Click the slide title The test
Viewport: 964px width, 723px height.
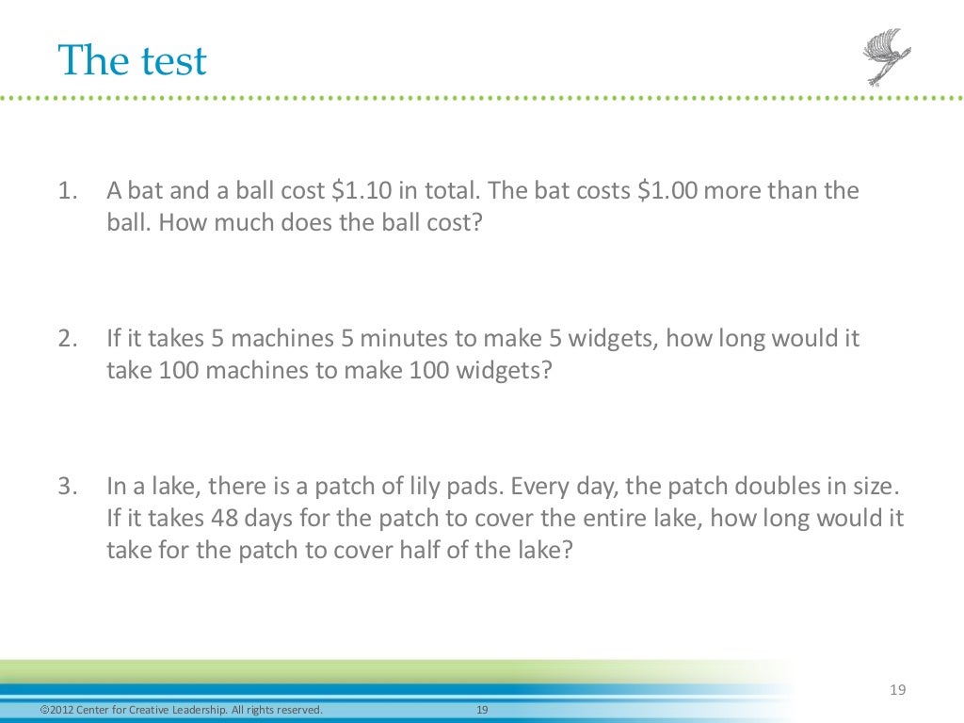coord(132,62)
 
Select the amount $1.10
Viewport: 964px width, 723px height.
coord(361,191)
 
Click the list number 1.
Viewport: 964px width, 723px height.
coord(65,191)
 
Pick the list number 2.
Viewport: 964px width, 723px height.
coord(65,339)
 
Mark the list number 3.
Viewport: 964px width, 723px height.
coord(65,487)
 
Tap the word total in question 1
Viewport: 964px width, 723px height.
coord(452,191)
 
